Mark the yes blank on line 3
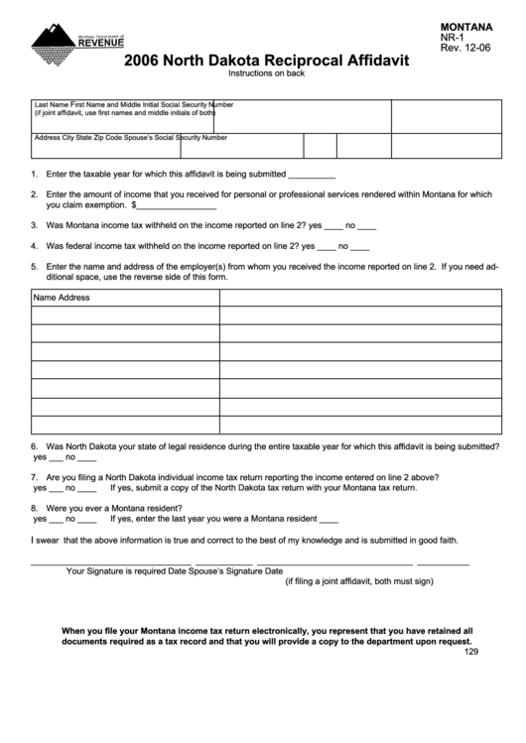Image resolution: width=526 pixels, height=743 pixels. [x=333, y=226]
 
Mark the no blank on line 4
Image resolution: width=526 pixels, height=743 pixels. [x=360, y=246]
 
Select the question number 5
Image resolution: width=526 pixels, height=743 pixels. [x=35, y=266]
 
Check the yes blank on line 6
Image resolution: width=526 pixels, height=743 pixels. [x=56, y=458]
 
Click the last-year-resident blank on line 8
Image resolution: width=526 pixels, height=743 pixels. [x=329, y=519]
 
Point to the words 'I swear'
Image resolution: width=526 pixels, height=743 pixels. [x=46, y=541]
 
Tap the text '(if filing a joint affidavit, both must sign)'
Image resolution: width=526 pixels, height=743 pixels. [x=359, y=582]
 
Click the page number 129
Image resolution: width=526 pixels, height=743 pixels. [x=471, y=652]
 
